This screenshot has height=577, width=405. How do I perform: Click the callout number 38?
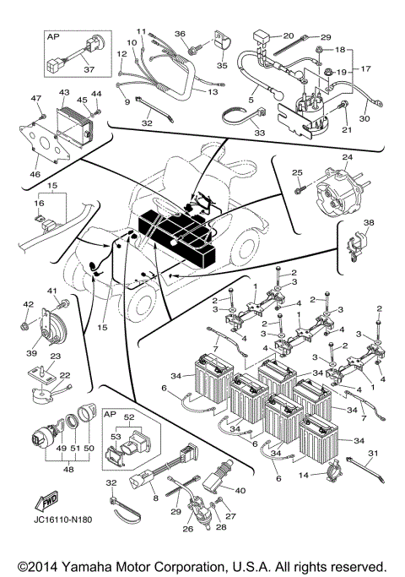[368, 225]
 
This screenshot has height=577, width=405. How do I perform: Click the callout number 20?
[288, 36]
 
